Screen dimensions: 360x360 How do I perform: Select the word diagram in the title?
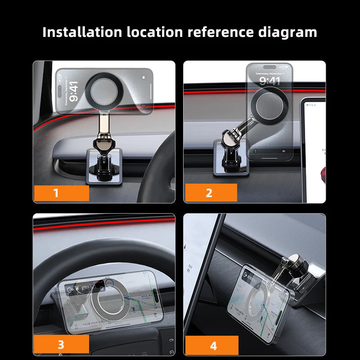point(288,32)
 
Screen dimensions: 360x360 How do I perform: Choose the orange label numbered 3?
point(61,345)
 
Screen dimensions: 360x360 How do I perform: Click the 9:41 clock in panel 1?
point(74,91)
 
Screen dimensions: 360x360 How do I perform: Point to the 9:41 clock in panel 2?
point(269,81)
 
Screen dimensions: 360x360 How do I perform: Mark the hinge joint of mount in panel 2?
point(230,137)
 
